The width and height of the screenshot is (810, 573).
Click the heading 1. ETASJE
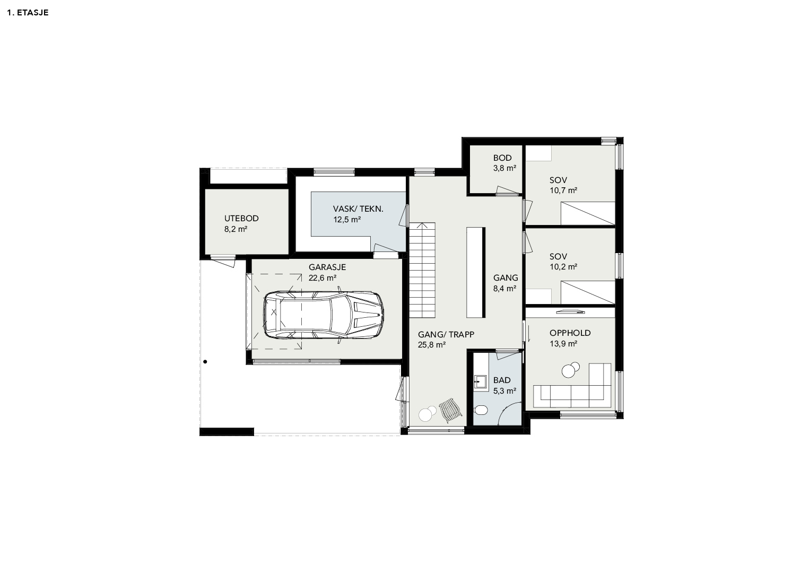[x=28, y=13]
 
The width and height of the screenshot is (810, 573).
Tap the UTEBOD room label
[x=241, y=219]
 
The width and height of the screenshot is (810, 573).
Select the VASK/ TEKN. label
[x=358, y=209]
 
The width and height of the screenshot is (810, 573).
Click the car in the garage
[x=324, y=315]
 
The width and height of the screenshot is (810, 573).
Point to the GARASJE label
[x=327, y=267]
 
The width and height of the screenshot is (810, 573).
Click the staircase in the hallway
[x=422, y=270]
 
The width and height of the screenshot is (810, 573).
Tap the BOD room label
[x=502, y=158]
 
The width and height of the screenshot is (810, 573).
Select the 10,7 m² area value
[x=563, y=190]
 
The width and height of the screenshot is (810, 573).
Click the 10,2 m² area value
[x=563, y=267]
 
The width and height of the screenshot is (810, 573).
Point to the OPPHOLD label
[x=570, y=333]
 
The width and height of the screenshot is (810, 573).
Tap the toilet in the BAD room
[x=481, y=410]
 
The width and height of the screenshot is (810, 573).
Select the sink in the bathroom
[x=480, y=381]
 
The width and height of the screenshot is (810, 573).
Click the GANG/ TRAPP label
[x=446, y=335]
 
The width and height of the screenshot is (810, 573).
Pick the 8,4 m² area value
[x=504, y=289]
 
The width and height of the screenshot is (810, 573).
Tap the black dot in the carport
[x=205, y=361]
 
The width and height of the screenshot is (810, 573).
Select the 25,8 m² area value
[x=431, y=345]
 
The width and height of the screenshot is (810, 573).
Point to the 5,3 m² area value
[x=504, y=391]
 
